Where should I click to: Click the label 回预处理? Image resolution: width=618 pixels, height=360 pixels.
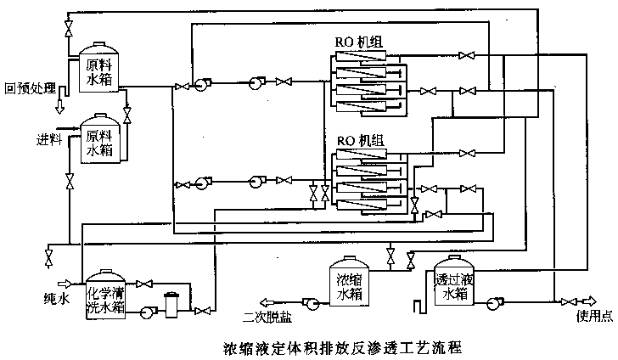30,87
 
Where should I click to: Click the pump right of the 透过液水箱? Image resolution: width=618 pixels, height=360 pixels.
493,301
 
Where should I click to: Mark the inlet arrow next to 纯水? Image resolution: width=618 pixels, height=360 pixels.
62,284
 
